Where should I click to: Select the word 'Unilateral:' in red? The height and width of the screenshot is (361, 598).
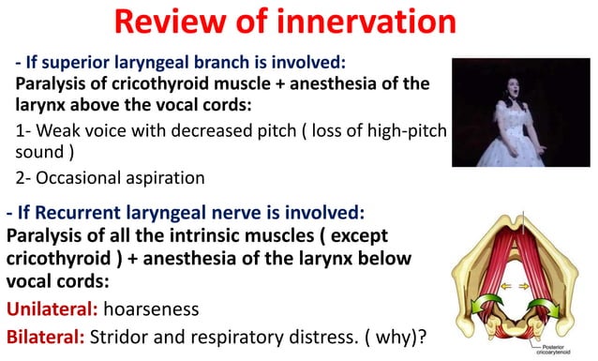point(52,308)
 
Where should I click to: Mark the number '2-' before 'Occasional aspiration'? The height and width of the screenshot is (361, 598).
point(25,176)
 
